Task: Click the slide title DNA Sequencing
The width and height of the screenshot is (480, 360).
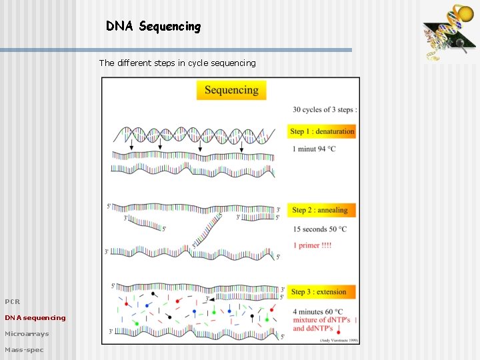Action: [153, 27]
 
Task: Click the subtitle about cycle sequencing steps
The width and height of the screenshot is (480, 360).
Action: [177, 63]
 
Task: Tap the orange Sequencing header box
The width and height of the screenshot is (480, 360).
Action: [231, 90]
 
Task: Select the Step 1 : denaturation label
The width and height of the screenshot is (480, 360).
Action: [322, 131]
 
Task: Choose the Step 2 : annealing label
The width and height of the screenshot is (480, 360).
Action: [320, 210]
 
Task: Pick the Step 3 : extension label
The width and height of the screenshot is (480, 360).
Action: [319, 291]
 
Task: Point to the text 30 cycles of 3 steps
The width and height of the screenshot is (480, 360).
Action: [324, 110]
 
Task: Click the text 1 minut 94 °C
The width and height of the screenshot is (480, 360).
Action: [313, 149]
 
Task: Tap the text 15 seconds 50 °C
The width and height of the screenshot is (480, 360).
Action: [319, 229]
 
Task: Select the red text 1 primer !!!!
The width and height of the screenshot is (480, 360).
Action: [311, 245]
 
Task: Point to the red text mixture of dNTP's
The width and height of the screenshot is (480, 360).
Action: [321, 320]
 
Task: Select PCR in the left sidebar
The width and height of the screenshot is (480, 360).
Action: [13, 302]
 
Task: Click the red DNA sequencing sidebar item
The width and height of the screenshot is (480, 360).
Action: [35, 318]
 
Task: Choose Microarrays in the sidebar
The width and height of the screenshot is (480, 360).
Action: [27, 334]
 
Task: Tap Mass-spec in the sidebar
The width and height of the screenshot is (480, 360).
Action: [24, 350]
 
